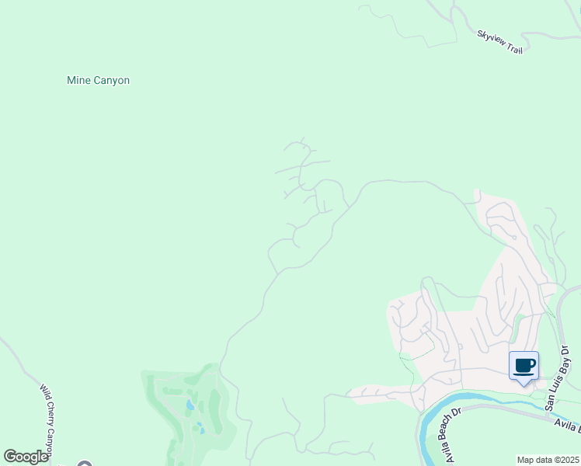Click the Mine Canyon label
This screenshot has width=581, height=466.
98,80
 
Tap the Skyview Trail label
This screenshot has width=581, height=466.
500,42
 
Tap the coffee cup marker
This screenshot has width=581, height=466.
524,366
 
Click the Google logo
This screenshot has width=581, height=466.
26,457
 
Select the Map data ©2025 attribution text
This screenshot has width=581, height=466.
548,460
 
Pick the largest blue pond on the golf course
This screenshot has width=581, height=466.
190,405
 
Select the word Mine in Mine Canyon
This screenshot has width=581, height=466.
78,80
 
